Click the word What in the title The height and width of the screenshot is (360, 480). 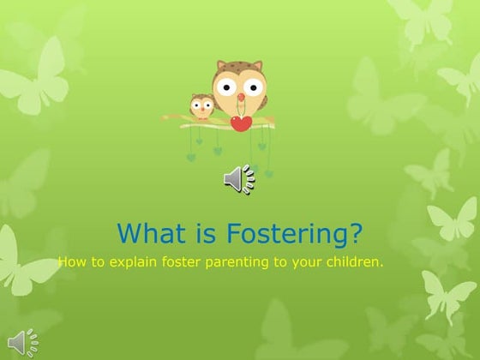[x=144, y=233]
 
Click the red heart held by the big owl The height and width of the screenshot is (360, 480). [x=242, y=123]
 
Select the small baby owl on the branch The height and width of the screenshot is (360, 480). [x=201, y=107]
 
